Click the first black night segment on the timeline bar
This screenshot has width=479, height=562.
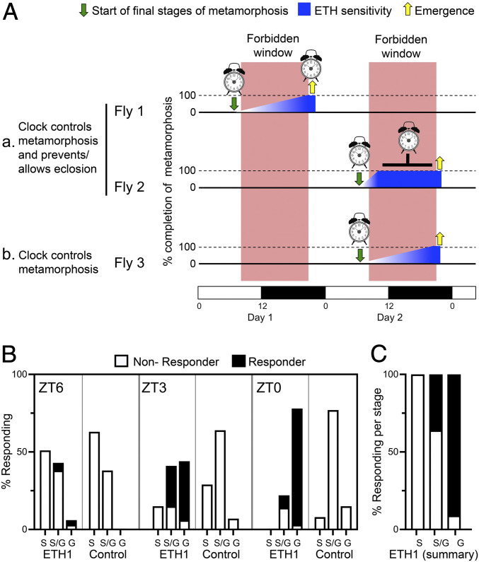click(x=293, y=292)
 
